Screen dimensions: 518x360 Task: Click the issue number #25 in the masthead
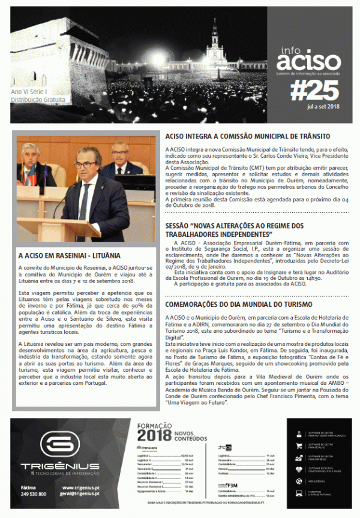tap(314, 91)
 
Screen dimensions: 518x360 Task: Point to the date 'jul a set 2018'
tap(324, 106)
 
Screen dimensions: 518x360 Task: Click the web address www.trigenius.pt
tap(80, 487)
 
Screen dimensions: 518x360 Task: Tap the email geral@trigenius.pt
tap(80, 494)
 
